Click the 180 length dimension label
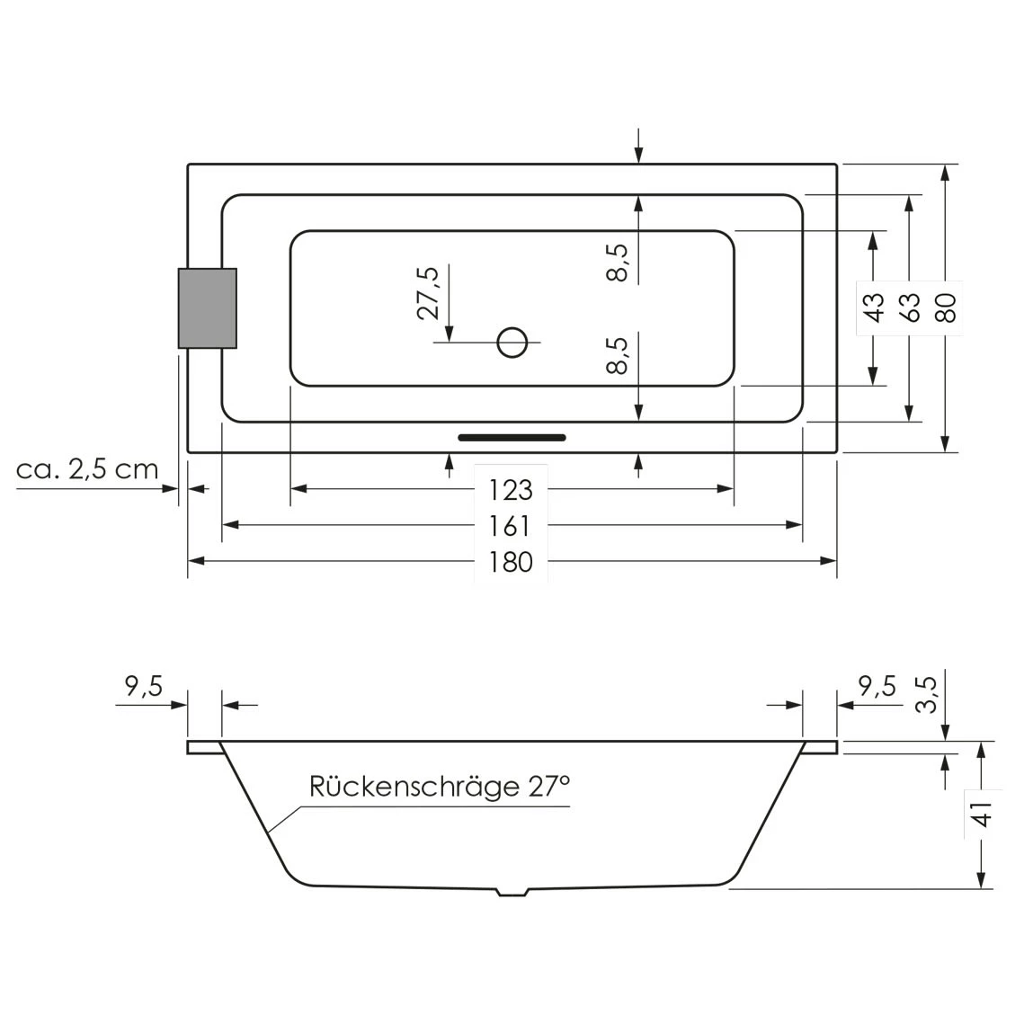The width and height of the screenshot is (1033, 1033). tap(511, 562)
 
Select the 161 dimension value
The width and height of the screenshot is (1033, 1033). tap(511, 526)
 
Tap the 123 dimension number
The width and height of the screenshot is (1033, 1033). tap(511, 490)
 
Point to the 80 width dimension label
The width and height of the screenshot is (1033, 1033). tap(945, 307)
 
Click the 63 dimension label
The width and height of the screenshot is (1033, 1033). tap(909, 307)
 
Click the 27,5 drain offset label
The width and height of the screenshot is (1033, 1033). tap(428, 292)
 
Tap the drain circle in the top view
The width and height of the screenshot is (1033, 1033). tap(512, 342)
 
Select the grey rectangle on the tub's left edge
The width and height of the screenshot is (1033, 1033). tap(208, 308)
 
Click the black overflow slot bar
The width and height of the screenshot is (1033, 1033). tap(512, 438)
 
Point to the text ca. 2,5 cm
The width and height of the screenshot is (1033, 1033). tap(87, 468)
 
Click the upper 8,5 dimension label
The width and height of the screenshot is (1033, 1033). tap(618, 263)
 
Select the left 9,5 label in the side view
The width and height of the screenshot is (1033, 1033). tap(143, 688)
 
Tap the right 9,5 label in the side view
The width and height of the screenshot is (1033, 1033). tap(877, 688)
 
